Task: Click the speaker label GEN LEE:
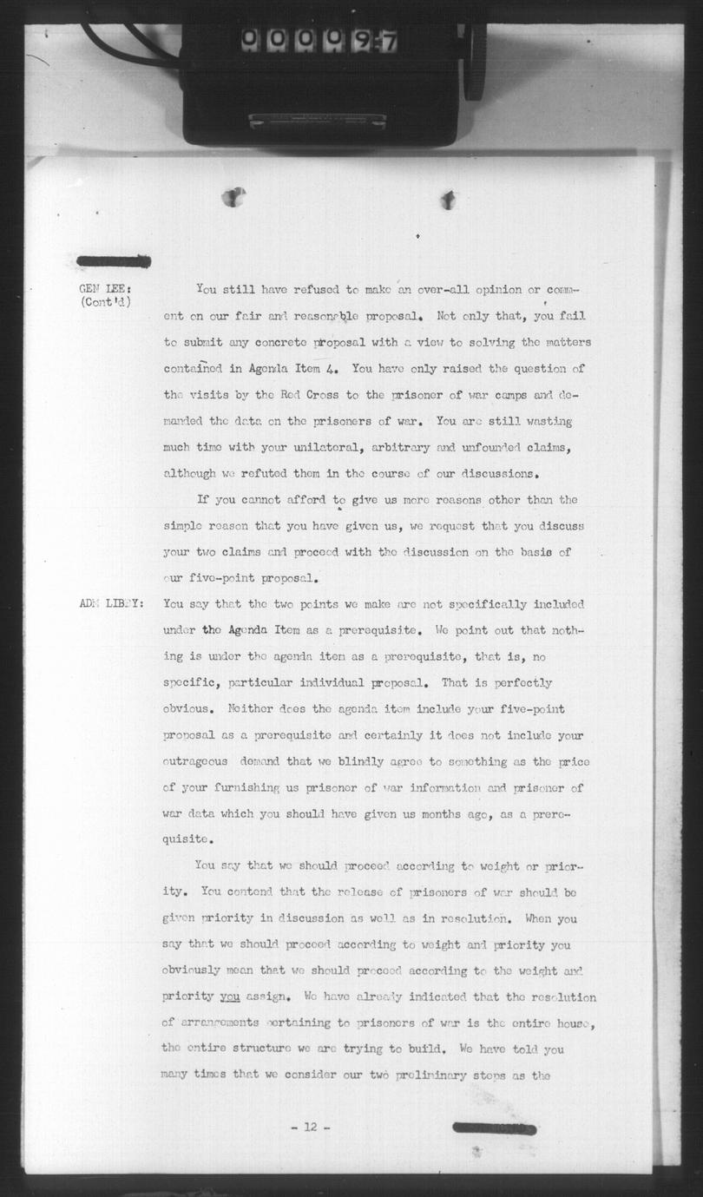pyautogui.click(x=104, y=289)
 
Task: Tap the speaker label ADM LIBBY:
pyautogui.click(x=108, y=604)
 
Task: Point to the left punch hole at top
pyautogui.click(x=233, y=197)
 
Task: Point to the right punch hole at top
pyautogui.click(x=448, y=200)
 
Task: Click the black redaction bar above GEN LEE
pyautogui.click(x=113, y=261)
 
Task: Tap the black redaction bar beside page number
pyautogui.click(x=494, y=1128)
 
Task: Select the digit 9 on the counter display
pyautogui.click(x=359, y=40)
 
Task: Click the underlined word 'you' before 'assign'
pyautogui.click(x=229, y=996)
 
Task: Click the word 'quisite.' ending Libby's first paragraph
pyautogui.click(x=185, y=839)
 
